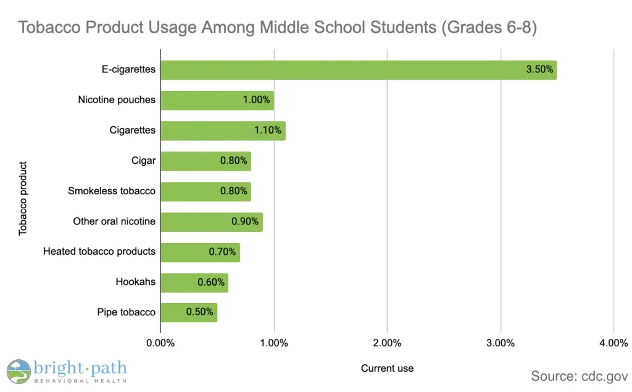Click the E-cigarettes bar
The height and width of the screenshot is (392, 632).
(x=358, y=70)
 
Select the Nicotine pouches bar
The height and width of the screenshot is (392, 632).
(x=217, y=100)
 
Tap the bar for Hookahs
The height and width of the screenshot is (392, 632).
(x=194, y=283)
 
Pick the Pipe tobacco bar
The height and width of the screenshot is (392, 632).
(x=188, y=312)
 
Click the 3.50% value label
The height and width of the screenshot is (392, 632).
(x=539, y=70)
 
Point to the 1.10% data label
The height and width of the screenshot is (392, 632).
(x=268, y=130)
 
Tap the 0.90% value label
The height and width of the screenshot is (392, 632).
(x=245, y=221)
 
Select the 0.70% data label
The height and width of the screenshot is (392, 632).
(x=222, y=252)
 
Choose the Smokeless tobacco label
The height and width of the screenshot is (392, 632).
(x=112, y=191)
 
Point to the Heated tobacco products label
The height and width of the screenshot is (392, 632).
(x=99, y=252)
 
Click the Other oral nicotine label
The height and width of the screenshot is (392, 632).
(x=114, y=221)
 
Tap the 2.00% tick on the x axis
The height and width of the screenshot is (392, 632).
(x=387, y=343)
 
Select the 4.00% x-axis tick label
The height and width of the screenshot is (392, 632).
(x=613, y=343)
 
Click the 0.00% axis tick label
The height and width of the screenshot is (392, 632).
(x=160, y=343)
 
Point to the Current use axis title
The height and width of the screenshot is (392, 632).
(x=387, y=369)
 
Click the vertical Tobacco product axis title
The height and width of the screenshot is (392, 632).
(x=23, y=198)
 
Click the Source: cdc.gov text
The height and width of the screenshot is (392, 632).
(x=580, y=376)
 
